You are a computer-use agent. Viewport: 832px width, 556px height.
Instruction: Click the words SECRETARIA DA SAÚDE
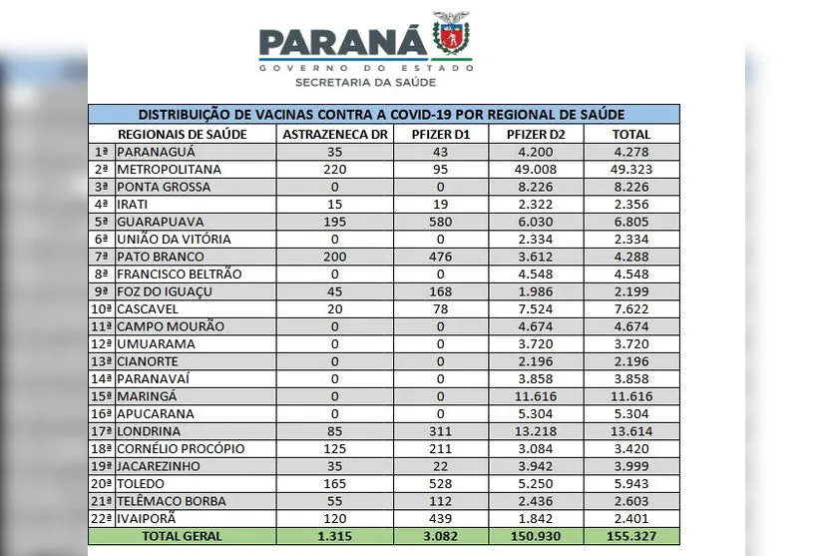(365, 83)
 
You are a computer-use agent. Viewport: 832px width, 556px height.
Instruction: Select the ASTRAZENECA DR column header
(334, 135)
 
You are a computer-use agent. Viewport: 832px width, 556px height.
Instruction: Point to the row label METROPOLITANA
(169, 170)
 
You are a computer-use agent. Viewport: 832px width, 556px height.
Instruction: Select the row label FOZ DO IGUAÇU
(165, 291)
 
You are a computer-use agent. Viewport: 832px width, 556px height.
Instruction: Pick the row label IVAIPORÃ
(151, 518)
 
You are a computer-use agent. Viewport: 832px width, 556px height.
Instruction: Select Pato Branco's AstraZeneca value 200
(334, 257)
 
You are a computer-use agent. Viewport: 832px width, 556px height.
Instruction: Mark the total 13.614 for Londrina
(632, 431)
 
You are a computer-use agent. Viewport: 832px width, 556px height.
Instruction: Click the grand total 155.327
(632, 537)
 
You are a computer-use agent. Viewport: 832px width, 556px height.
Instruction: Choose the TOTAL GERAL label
(182, 537)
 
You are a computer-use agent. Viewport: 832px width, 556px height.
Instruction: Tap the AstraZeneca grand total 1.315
(334, 537)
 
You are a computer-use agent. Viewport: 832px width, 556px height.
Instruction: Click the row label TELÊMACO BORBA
(171, 501)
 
